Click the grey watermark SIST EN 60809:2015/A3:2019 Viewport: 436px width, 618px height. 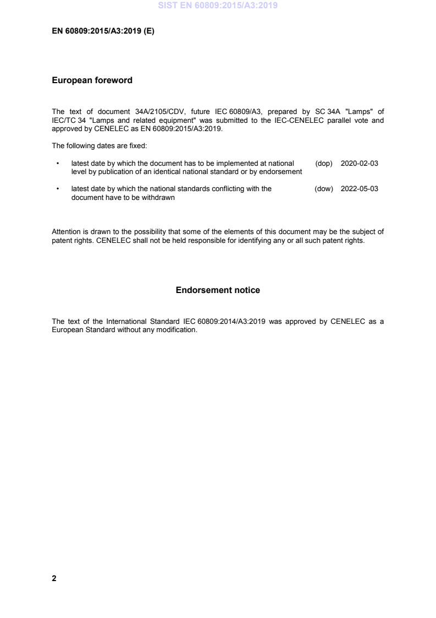(218, 6)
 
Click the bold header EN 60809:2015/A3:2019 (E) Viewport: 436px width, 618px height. (103, 31)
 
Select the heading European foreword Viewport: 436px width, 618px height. (92, 80)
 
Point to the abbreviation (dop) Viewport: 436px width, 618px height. (324, 164)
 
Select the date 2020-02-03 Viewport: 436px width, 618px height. (360, 164)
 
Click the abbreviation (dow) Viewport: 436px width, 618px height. (324, 189)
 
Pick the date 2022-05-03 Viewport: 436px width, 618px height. (360, 189)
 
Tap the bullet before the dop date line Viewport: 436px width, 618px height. (58, 164)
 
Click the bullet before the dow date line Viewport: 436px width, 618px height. (58, 189)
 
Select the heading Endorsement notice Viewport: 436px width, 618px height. (218, 290)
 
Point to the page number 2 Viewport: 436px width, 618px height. (54, 578)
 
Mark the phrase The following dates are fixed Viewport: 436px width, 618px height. (95, 146)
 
